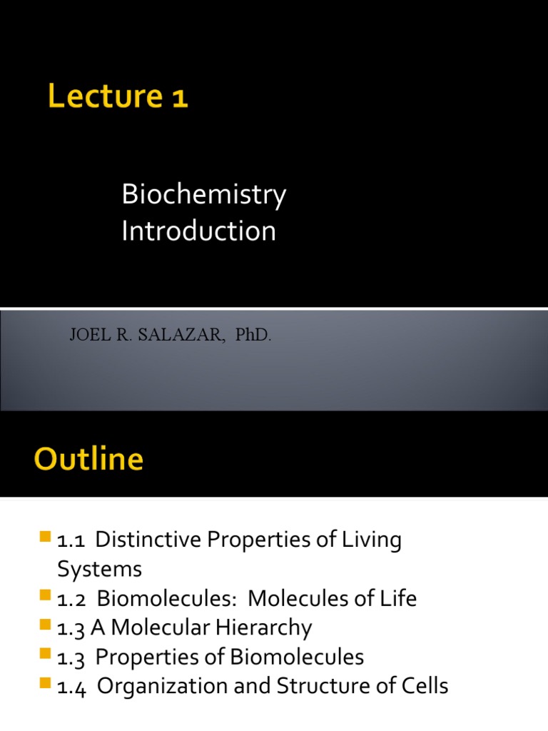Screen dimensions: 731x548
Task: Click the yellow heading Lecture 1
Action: pyautogui.click(x=118, y=97)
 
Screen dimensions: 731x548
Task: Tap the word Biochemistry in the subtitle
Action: pyautogui.click(x=203, y=195)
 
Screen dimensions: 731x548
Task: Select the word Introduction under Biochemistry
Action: pyautogui.click(x=198, y=231)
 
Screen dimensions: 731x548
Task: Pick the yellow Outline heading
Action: pyautogui.click(x=88, y=459)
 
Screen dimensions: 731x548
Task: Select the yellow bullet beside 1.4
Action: pyautogui.click(x=48, y=683)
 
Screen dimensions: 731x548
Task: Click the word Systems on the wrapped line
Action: pyautogui.click(x=99, y=570)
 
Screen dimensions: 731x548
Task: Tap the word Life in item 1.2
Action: pyautogui.click(x=399, y=599)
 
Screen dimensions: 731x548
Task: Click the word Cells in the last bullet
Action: pyautogui.click(x=424, y=687)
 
